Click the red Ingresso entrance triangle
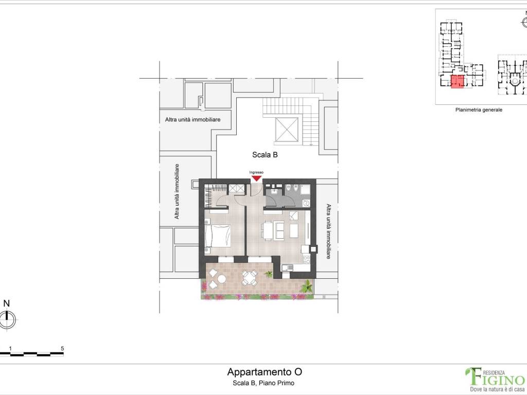pos(257,178)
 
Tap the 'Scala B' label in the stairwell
pos(265,155)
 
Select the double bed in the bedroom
pos(218,236)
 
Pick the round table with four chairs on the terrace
pos(250,278)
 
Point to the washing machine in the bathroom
pos(306,203)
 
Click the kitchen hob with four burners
pos(306,259)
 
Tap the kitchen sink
pos(287,267)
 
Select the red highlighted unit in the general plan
pos(457,82)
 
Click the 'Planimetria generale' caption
pos(479,110)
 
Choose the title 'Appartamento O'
pos(265,372)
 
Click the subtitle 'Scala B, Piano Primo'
pos(263,383)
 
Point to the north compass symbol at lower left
pos(7,319)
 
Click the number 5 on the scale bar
pos(62,348)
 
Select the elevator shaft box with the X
pos(287,130)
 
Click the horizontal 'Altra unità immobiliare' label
pos(192,119)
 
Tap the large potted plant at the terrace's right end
pos(307,287)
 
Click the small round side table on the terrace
pos(221,279)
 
